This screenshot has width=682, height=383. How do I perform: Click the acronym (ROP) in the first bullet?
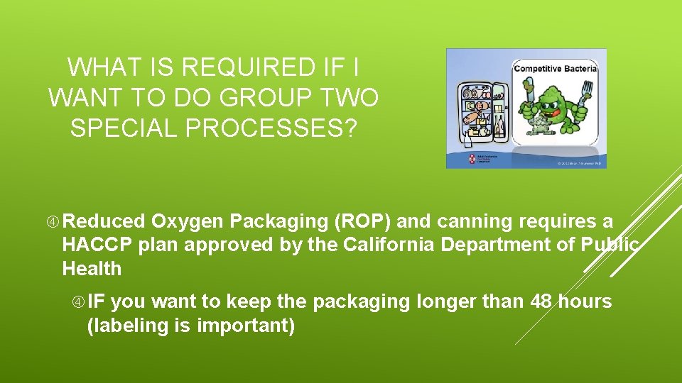tap(362, 222)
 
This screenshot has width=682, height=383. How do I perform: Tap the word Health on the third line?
tap(92, 269)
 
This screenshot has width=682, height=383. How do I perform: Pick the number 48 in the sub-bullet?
tap(543, 302)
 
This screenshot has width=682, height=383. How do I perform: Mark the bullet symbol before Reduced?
tap(53, 222)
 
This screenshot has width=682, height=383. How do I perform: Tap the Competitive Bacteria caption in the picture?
tap(555, 68)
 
